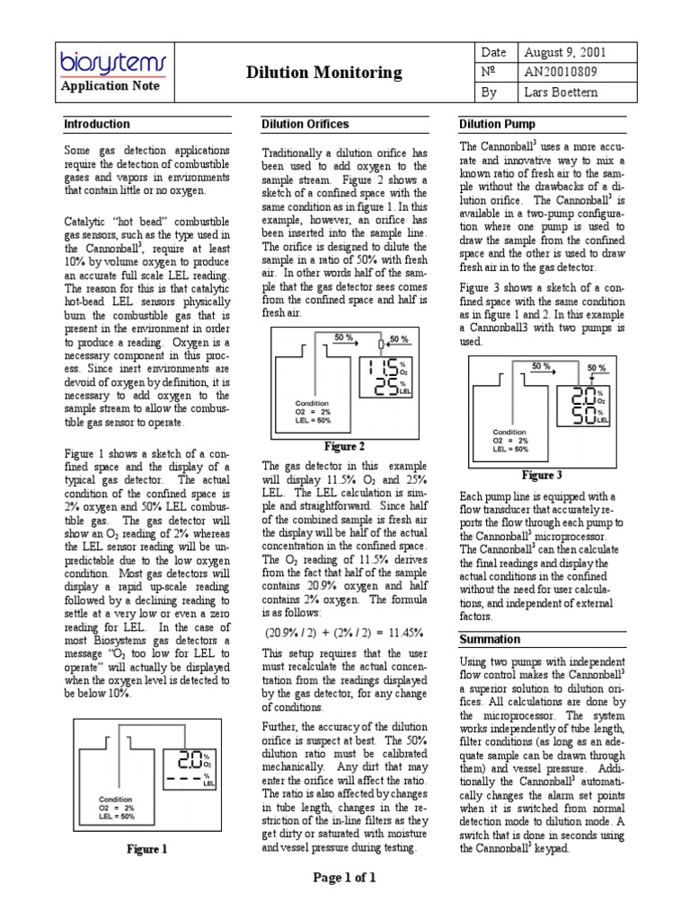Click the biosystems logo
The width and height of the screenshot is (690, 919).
point(106,62)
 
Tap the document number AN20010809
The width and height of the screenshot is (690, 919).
point(560,73)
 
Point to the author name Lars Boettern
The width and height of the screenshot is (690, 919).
point(562,92)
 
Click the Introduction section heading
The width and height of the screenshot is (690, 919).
point(96,124)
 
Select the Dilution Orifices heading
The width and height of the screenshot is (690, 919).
point(305,124)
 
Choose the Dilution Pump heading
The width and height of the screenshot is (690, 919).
point(497,124)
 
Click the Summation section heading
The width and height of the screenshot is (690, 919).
point(490,639)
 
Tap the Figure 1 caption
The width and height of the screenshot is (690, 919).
point(146,849)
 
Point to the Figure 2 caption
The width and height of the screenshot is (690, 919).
point(344,446)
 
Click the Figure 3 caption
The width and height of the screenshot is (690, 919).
point(542,475)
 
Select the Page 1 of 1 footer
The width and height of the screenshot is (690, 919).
point(344,878)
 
